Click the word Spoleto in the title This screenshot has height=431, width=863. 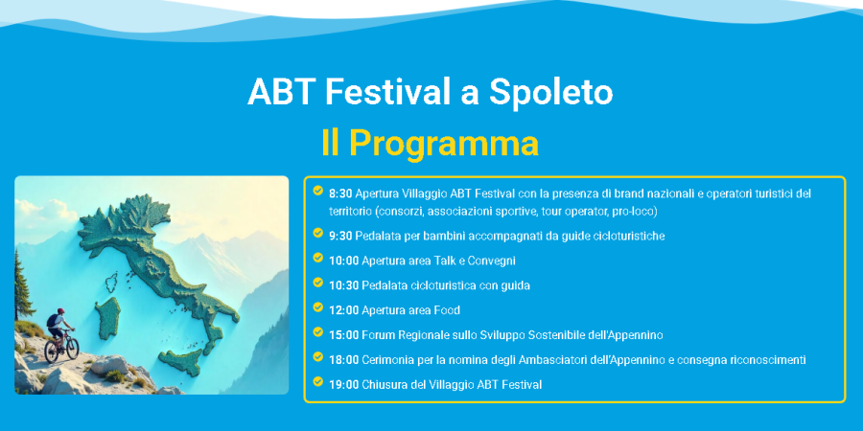point(550,92)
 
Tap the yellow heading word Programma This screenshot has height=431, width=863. point(444,144)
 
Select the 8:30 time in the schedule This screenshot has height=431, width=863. point(340,193)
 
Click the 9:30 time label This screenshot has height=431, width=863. point(340,236)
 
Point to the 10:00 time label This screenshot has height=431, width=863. point(344,261)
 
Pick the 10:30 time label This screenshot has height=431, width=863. point(344,285)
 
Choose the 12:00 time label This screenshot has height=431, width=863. point(344,310)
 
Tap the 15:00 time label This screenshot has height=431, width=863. point(344,335)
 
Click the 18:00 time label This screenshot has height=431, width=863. point(344,359)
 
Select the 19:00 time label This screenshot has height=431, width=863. point(344,384)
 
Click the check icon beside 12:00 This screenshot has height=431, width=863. point(317,306)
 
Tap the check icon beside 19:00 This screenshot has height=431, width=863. point(317,381)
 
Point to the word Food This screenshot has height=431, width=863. point(447,310)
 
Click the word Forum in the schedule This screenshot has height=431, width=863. point(378,335)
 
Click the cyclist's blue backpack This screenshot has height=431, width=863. point(52,320)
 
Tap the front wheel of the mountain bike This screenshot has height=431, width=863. point(72,348)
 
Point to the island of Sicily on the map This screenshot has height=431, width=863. point(180,362)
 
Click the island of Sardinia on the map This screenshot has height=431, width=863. point(107,318)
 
